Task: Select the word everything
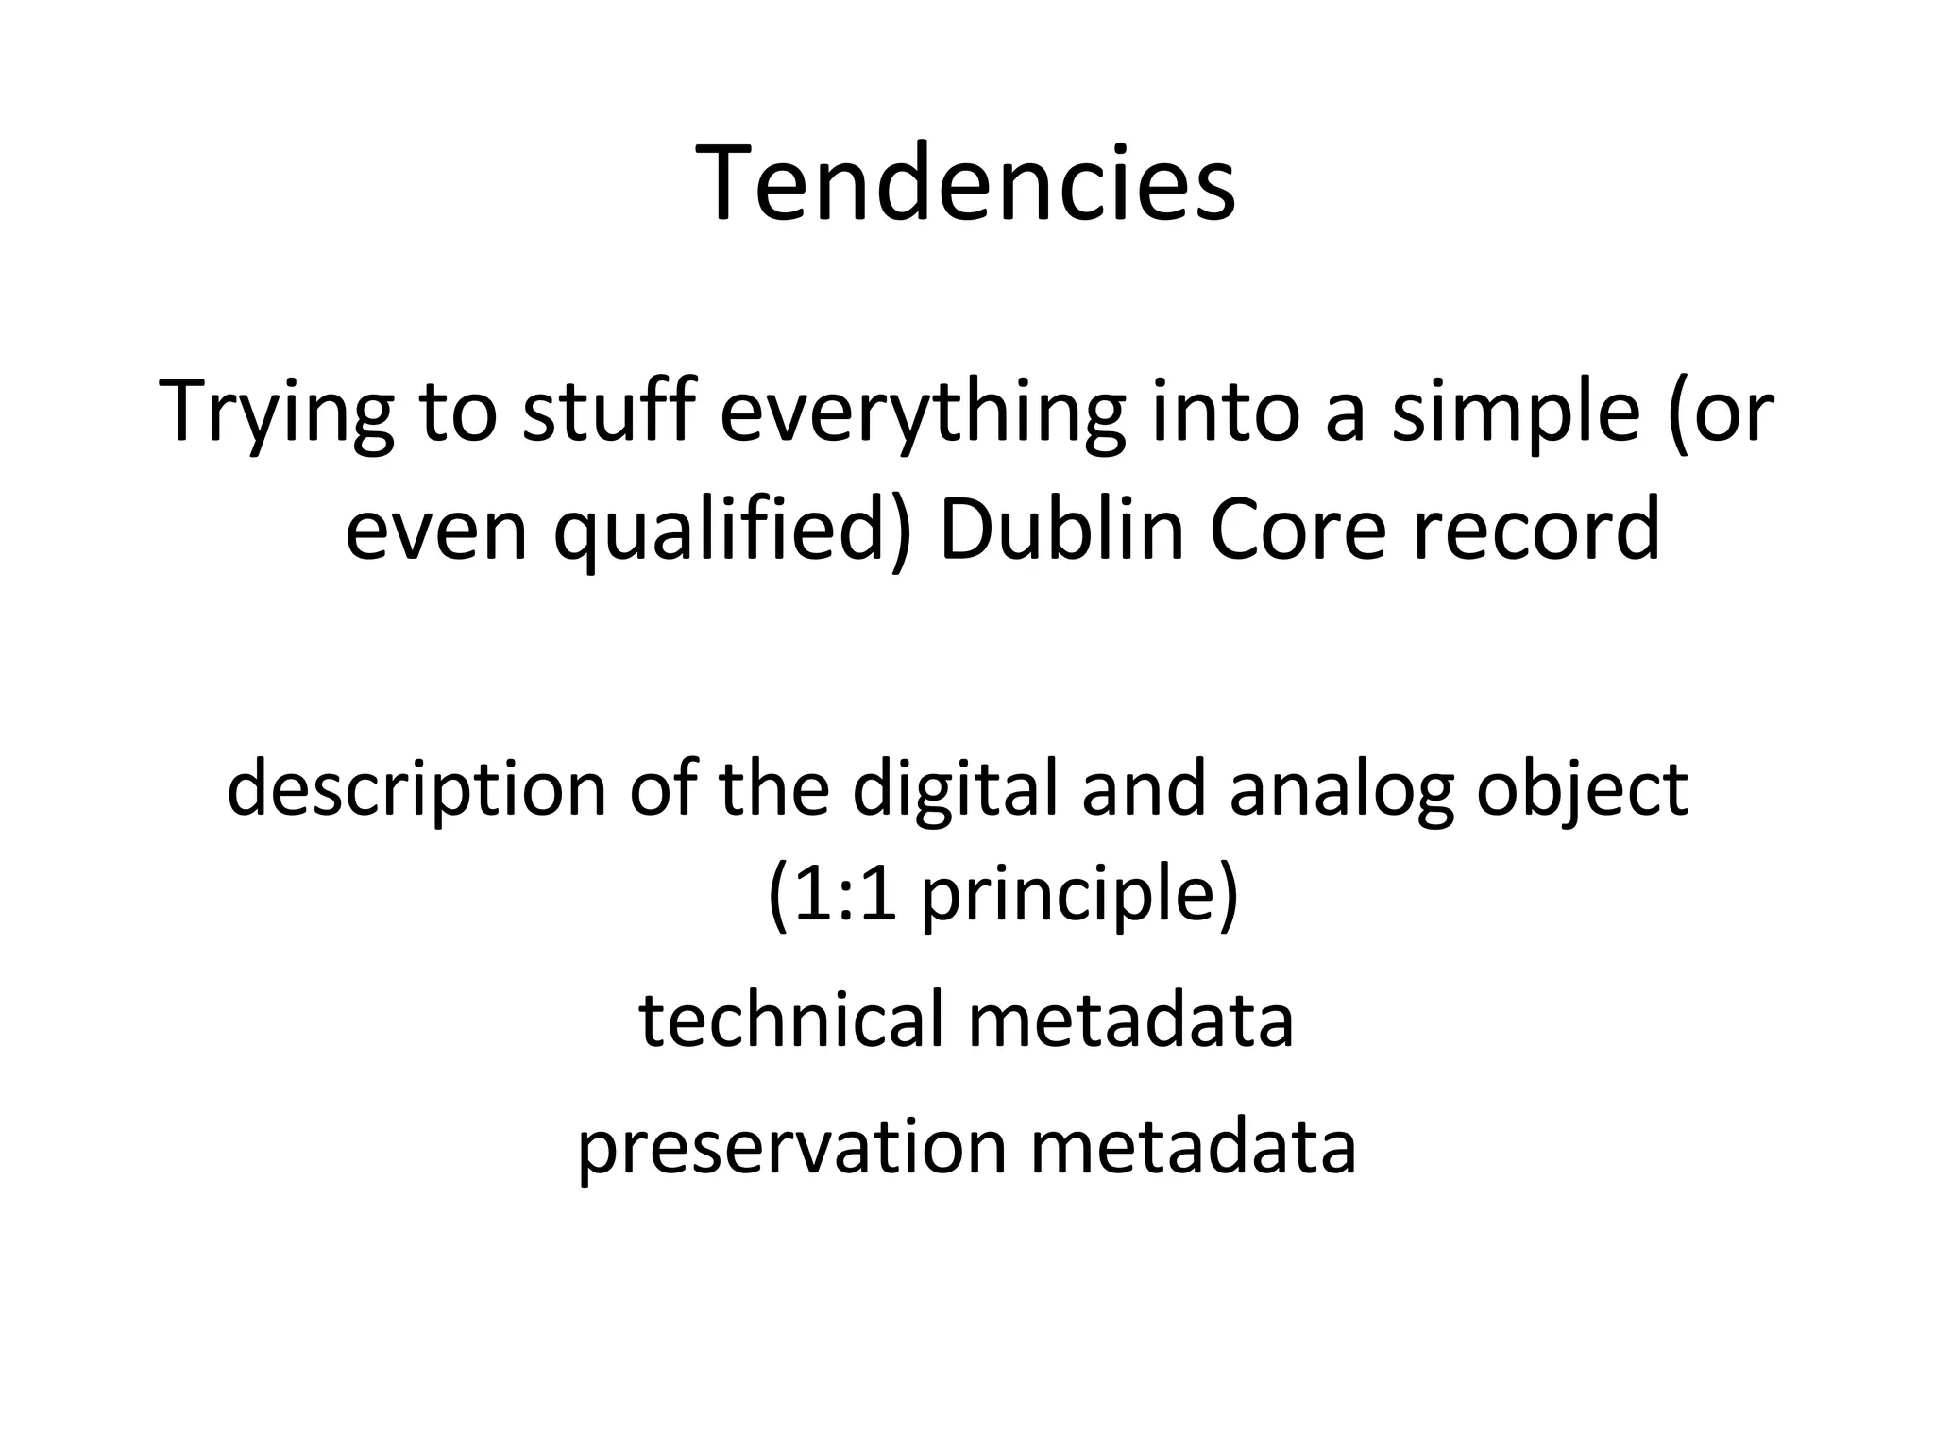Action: tap(922, 412)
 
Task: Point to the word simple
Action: tap(1516, 412)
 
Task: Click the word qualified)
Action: tap(733, 531)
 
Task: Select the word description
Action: tap(416, 789)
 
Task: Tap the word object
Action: tap(1583, 789)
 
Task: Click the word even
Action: tap(435, 531)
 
